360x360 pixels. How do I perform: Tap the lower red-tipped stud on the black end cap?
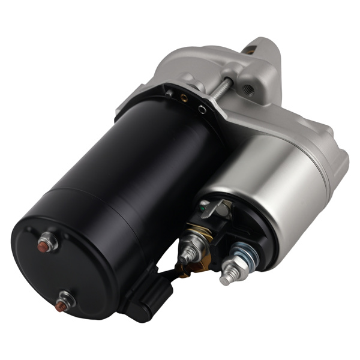[60, 307]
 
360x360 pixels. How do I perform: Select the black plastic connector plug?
[147, 293]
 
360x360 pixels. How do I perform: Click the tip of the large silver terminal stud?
[225, 279]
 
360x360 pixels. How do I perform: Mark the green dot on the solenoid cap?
[204, 209]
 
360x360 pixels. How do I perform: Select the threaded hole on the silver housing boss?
[250, 90]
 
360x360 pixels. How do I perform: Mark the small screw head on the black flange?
[170, 93]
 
